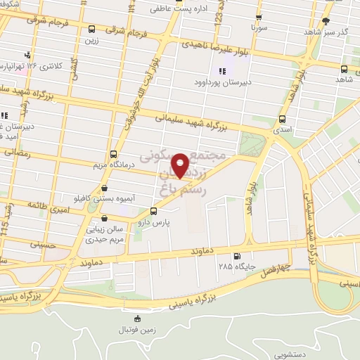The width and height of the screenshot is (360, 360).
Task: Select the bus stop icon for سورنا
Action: pos(259,17)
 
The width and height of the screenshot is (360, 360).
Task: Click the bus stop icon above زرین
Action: pos(92,29)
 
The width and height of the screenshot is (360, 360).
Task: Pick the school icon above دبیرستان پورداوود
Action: pos(223,70)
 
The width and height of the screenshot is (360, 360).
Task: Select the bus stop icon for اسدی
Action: pos(282,118)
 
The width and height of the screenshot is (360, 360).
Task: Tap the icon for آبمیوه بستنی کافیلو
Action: pos(105,188)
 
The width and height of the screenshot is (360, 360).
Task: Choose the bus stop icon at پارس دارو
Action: pos(153,211)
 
